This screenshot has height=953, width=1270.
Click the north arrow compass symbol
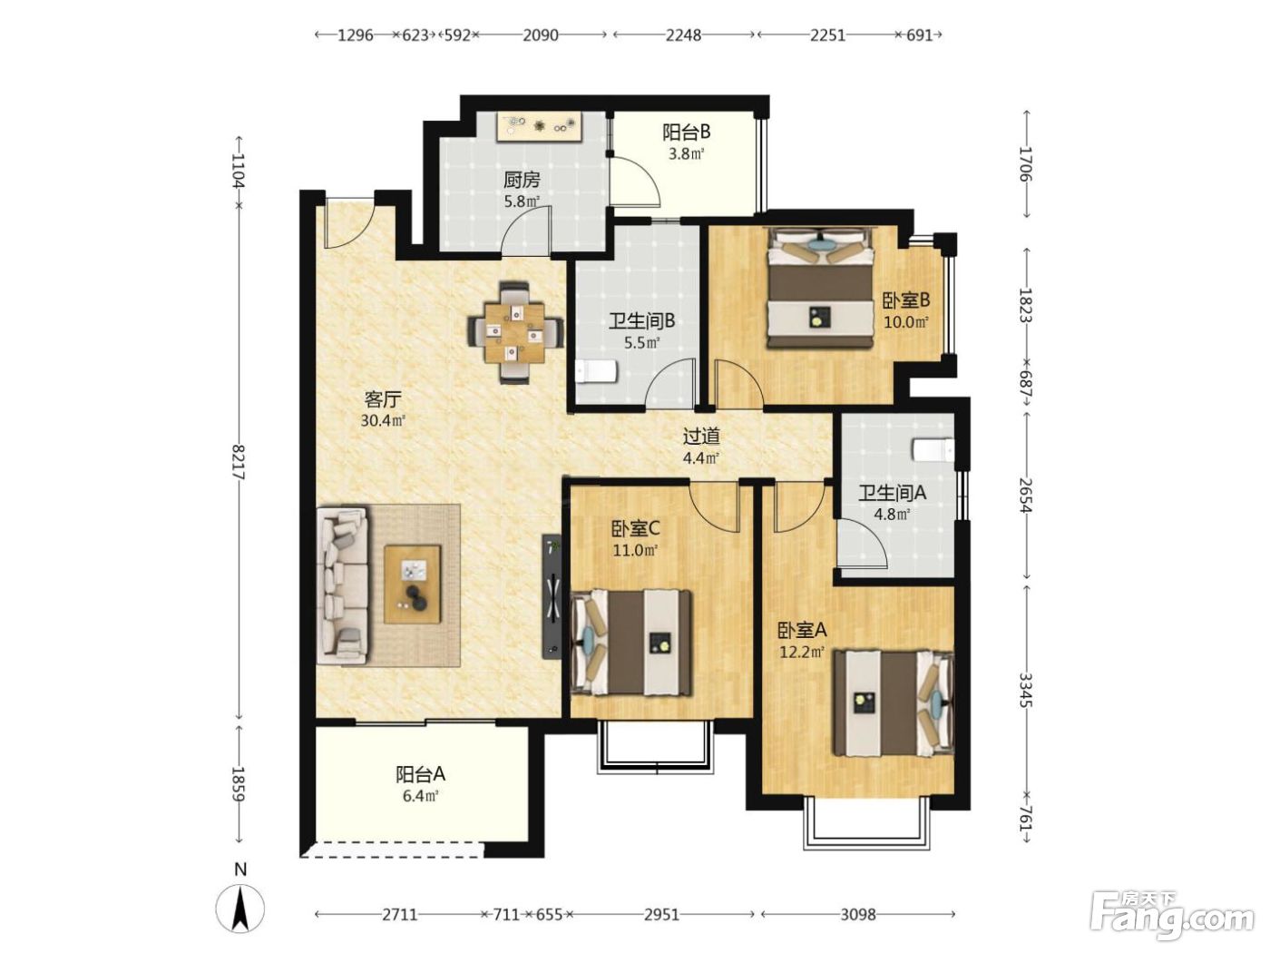click(x=240, y=909)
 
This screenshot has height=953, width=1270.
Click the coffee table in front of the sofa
click(x=413, y=584)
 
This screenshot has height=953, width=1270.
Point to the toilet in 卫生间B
click(x=596, y=371)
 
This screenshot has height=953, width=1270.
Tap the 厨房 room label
click(x=522, y=181)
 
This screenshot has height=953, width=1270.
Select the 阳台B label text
click(x=686, y=133)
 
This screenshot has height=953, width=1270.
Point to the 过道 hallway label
click(x=701, y=437)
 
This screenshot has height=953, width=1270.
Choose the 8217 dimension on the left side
click(x=239, y=461)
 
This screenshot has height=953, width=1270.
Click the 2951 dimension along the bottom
click(x=661, y=915)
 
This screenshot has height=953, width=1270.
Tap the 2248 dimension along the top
click(x=683, y=35)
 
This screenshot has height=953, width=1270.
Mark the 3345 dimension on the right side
click(x=1025, y=691)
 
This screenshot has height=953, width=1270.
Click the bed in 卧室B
click(x=820, y=288)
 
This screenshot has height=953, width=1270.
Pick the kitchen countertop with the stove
click(x=539, y=126)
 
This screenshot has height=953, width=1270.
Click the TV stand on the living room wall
click(x=552, y=596)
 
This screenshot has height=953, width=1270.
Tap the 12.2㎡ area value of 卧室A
click(x=801, y=653)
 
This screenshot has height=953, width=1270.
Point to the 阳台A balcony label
click(x=420, y=774)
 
